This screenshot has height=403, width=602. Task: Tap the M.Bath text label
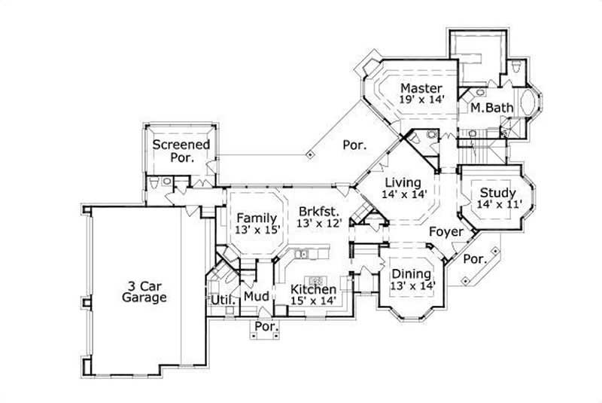pyautogui.click(x=492, y=108)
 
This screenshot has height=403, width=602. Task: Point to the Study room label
pyautogui.click(x=497, y=193)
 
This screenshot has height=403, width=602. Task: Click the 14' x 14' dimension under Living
pyautogui.click(x=406, y=194)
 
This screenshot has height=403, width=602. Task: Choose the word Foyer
pyautogui.click(x=446, y=231)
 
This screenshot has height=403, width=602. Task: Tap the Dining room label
pyautogui.click(x=411, y=273)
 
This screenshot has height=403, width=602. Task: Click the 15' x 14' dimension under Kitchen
pyautogui.click(x=313, y=301)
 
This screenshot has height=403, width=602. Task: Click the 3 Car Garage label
pyautogui.click(x=144, y=292)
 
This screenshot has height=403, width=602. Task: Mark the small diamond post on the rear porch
pyautogui.click(x=310, y=154)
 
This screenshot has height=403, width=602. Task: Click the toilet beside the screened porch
pyautogui.click(x=154, y=183)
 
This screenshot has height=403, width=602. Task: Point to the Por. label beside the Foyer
pyautogui.click(x=476, y=258)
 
